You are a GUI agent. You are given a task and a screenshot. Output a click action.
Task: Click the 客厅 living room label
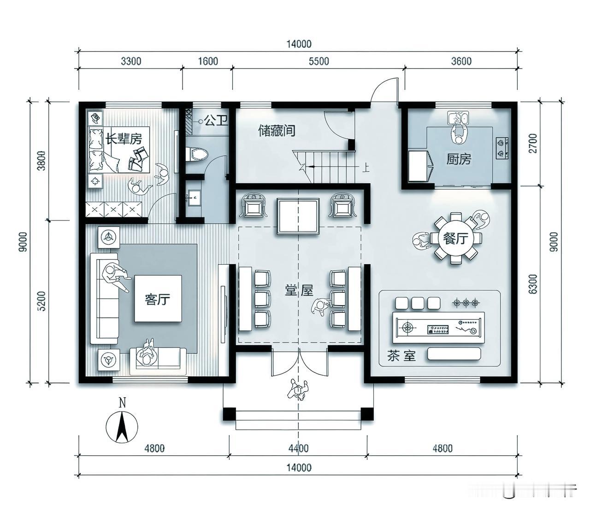[x=158, y=299]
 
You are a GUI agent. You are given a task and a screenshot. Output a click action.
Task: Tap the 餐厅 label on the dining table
[x=455, y=238]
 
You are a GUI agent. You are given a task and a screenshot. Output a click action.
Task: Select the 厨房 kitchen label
[x=459, y=159]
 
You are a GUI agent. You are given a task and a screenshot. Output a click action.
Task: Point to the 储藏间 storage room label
[x=276, y=131]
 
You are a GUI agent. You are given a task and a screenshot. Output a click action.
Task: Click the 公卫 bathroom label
[x=216, y=121]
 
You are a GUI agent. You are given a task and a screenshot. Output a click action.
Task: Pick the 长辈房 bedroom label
[x=124, y=138]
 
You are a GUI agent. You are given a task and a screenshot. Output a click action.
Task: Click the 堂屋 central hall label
[x=299, y=291]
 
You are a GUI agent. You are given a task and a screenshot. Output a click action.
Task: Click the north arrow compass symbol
[x=122, y=426]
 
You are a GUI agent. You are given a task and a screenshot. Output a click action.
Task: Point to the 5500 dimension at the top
[x=319, y=61]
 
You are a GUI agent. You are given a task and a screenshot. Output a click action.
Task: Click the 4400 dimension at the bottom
[x=298, y=448]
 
